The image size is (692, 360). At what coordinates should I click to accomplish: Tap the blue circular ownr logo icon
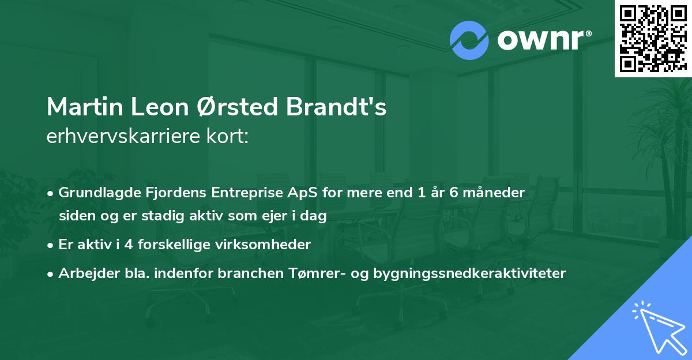tap(469, 40)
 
